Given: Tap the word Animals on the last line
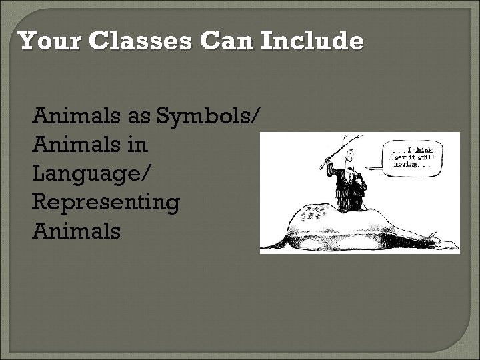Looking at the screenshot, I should [x=76, y=231].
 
